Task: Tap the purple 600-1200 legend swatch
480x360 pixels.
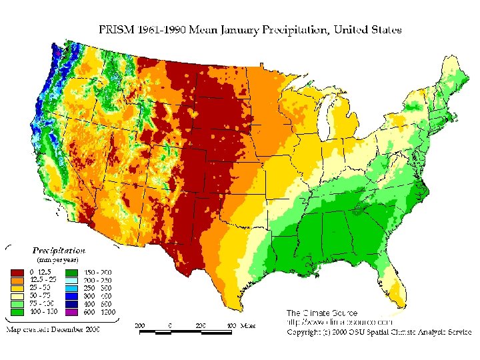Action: tap(72, 312)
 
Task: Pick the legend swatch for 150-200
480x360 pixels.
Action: tap(72, 272)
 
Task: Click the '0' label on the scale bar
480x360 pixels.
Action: tap(171, 325)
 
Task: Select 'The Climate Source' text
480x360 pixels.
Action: tap(322, 313)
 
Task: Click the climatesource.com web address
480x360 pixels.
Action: tap(333, 322)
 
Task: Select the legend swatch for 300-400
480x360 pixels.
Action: tap(72, 296)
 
